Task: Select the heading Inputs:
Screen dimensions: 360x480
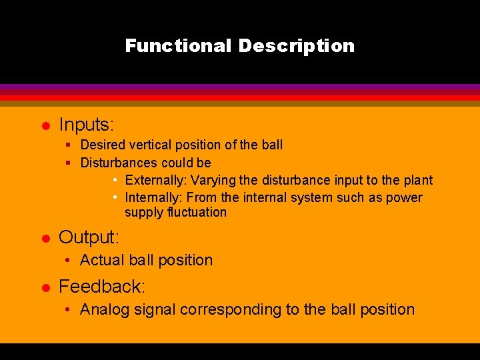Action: point(87,125)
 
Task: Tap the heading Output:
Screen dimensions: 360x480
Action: point(89,237)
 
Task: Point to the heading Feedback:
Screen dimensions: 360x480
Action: point(102,287)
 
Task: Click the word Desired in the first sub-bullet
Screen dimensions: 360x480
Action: point(102,145)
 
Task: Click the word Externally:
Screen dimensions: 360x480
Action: point(153,180)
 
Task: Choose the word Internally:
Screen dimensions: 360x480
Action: point(154,197)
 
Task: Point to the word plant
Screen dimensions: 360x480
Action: point(418,180)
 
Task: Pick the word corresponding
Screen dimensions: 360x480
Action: point(231,309)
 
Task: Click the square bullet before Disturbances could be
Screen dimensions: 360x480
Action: point(68,163)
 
